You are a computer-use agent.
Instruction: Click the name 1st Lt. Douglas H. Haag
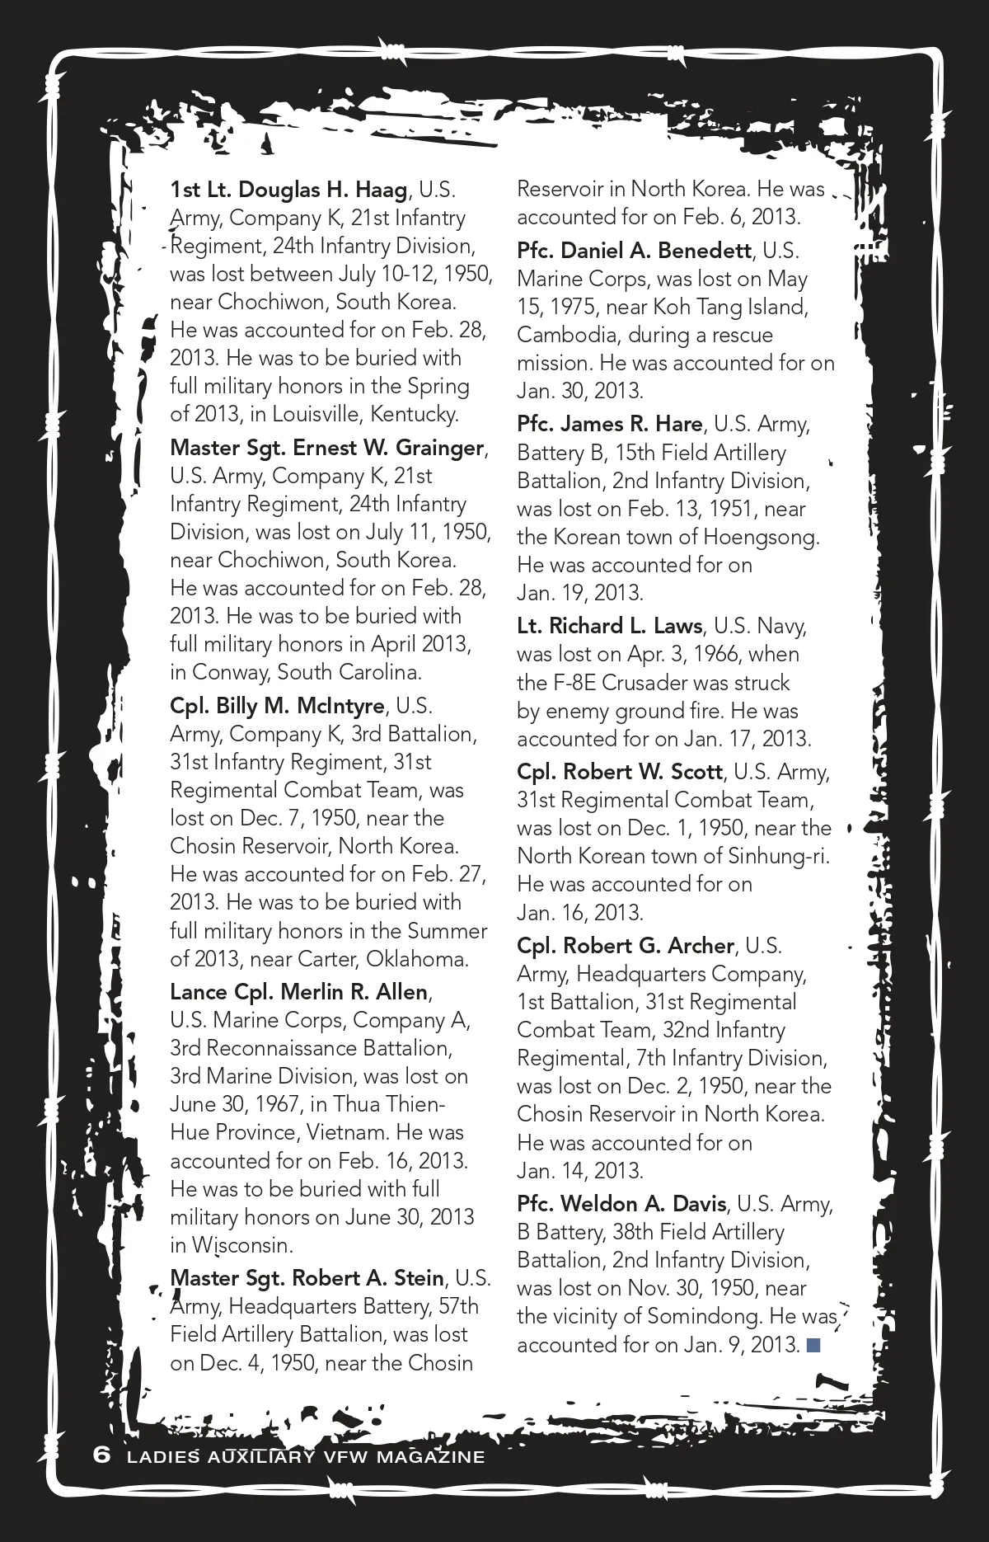pos(288,190)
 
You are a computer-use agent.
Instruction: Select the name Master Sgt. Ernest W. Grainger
pos(326,448)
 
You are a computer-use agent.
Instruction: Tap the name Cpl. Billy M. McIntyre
pos(277,706)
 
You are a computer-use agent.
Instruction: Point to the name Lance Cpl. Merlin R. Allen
pos(299,991)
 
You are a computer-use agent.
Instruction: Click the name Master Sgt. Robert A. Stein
pos(307,1278)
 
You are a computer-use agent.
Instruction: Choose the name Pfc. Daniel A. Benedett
pos(634,251)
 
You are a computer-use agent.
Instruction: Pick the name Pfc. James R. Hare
pos(609,424)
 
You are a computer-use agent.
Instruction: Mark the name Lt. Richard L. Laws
pos(609,626)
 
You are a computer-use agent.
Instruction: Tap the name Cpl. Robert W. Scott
pos(620,772)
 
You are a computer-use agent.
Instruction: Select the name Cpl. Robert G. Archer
pos(625,946)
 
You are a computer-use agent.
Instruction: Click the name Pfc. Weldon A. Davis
pos(621,1204)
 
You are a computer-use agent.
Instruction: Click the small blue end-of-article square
pos(813,1346)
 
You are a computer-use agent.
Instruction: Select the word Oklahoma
pos(417,959)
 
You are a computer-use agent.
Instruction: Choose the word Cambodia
pos(564,335)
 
